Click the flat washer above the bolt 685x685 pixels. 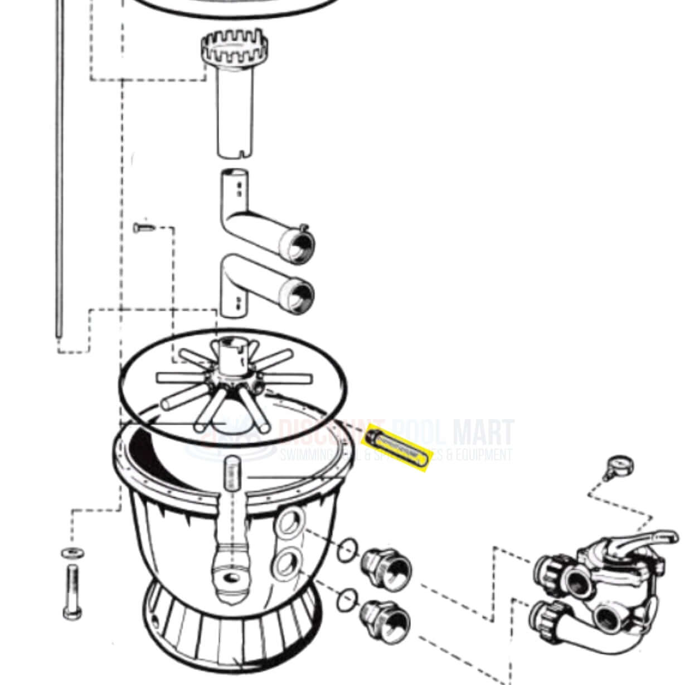[73, 553]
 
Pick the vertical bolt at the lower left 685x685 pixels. [72, 591]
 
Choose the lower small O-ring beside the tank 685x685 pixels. [347, 599]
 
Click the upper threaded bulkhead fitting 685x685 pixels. [386, 569]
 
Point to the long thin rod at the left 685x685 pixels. [59, 167]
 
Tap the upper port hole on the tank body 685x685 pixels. [289, 523]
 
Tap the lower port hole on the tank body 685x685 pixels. [286, 564]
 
